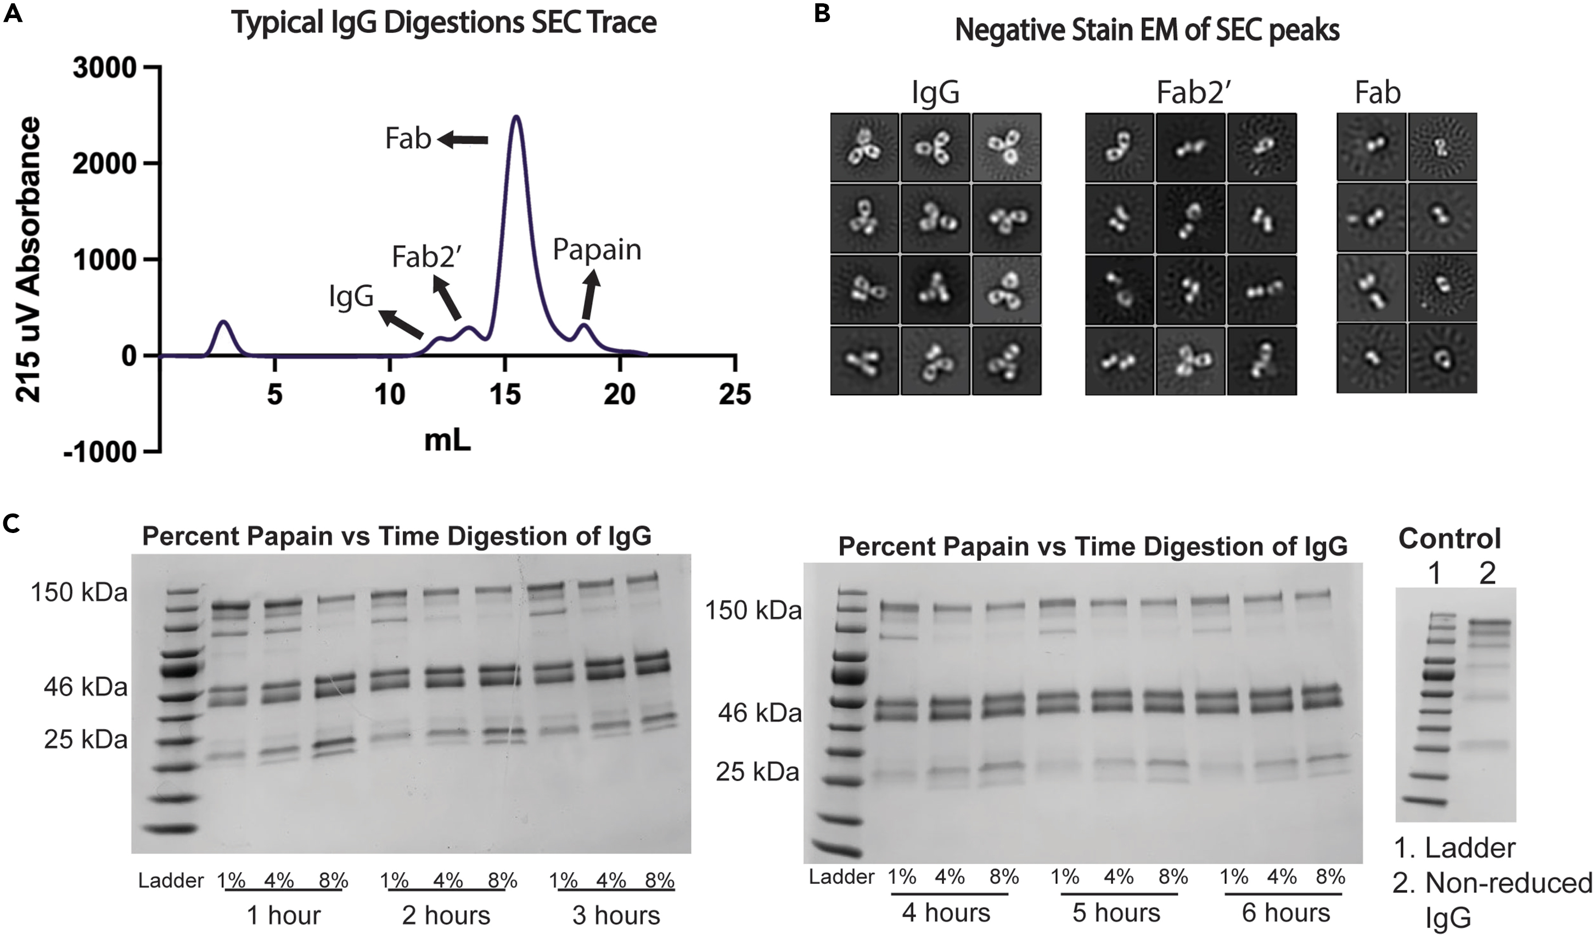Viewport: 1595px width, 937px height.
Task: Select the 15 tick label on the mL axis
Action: pos(504,395)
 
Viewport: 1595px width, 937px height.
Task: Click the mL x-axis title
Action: pos(447,440)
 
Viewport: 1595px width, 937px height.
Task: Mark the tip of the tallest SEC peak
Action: pos(517,117)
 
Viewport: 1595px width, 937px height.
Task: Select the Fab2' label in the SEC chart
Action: pos(426,257)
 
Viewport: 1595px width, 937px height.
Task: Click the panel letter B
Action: pos(822,13)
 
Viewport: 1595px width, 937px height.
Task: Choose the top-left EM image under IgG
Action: pos(864,148)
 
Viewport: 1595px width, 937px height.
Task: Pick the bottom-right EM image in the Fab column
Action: pos(1442,358)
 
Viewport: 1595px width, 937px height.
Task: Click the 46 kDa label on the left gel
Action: pos(86,687)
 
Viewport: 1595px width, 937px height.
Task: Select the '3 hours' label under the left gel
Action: pos(616,916)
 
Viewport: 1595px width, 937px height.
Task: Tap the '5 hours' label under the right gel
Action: pos(1116,913)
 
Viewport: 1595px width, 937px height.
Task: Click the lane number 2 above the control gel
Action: pos(1487,574)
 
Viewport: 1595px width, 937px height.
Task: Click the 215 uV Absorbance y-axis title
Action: pos(29,259)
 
